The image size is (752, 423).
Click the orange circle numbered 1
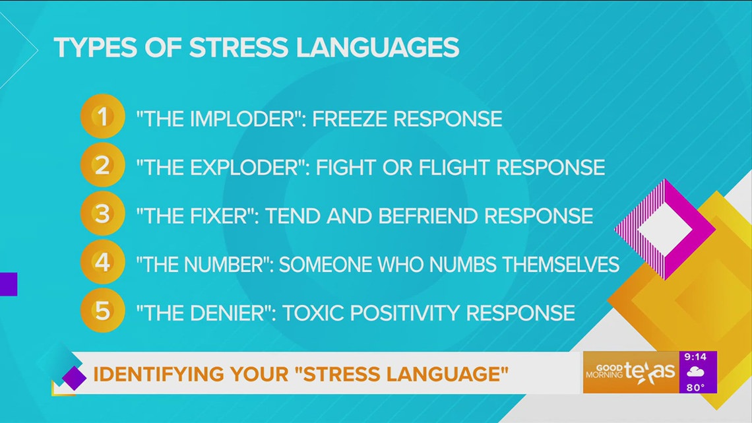102,118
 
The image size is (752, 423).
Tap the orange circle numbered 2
102,166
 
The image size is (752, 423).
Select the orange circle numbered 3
102,215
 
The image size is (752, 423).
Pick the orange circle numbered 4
102,263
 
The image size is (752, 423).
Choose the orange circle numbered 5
102,311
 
